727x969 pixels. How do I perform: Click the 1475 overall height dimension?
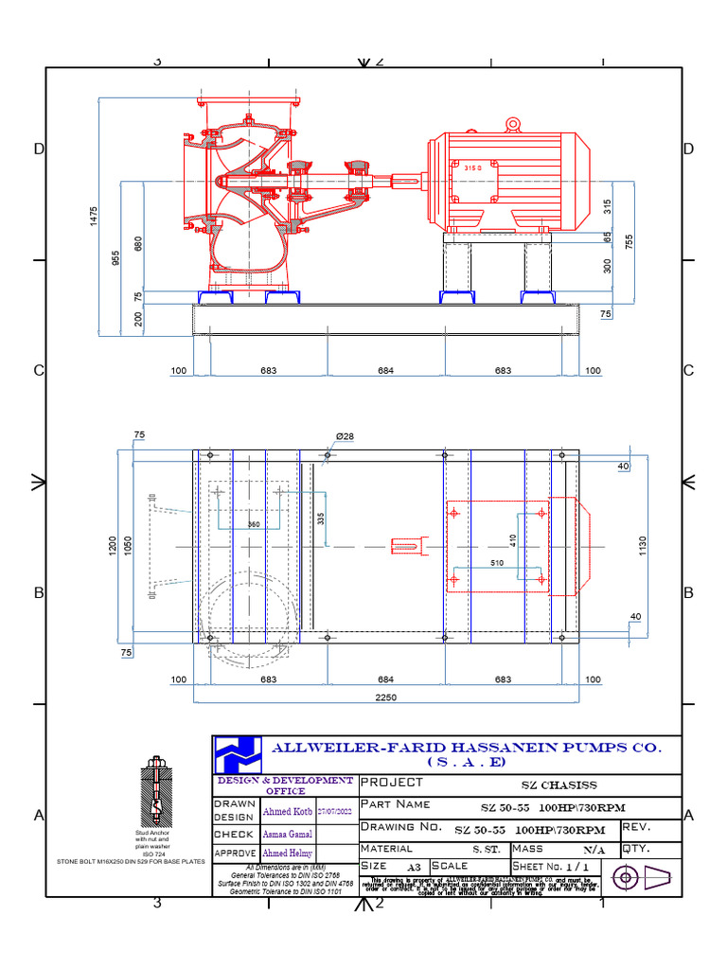(94, 217)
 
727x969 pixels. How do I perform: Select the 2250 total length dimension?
(385, 696)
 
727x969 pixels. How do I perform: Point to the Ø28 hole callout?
(345, 436)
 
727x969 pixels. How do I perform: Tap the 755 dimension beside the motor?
(629, 240)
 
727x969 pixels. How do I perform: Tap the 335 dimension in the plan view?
(321, 519)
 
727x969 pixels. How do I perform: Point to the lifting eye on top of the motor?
(513, 123)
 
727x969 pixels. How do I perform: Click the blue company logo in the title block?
(237, 755)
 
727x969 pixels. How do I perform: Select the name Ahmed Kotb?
(287, 811)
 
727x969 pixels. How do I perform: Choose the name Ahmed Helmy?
(286, 854)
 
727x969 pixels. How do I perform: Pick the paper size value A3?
(414, 867)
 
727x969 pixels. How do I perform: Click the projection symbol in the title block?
(644, 878)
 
